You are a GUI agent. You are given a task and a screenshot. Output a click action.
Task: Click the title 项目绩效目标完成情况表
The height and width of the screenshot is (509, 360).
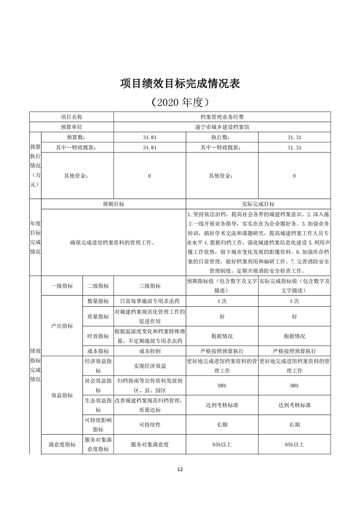[180, 84]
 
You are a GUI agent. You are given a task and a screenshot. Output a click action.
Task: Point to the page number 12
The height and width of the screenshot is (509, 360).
[180, 469]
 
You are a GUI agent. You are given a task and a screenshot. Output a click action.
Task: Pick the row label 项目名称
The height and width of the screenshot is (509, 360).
[71, 117]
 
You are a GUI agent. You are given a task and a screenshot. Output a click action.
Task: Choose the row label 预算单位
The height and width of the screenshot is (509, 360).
[71, 127]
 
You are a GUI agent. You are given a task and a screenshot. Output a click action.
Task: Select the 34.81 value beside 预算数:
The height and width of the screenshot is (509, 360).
[149, 137]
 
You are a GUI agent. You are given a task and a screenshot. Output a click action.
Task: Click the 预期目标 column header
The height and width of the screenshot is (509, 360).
[113, 204]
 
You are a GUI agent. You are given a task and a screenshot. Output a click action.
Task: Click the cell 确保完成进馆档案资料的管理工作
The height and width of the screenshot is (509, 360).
[113, 243]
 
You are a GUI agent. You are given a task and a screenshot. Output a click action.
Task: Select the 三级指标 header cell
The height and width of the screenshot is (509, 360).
[149, 286]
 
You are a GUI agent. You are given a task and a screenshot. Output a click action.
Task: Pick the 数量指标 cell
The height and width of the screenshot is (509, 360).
[98, 301]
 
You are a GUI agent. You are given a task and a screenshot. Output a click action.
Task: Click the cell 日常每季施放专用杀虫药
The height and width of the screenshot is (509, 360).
[149, 301]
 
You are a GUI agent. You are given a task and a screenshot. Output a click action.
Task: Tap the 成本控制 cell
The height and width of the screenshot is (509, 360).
[149, 351]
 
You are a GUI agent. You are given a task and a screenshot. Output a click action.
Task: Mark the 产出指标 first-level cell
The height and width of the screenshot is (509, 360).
[62, 326]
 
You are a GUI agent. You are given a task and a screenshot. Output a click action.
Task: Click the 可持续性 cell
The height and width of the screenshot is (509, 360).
[149, 425]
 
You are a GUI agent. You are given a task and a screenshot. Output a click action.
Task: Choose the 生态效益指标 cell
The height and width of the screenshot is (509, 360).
[98, 405]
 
